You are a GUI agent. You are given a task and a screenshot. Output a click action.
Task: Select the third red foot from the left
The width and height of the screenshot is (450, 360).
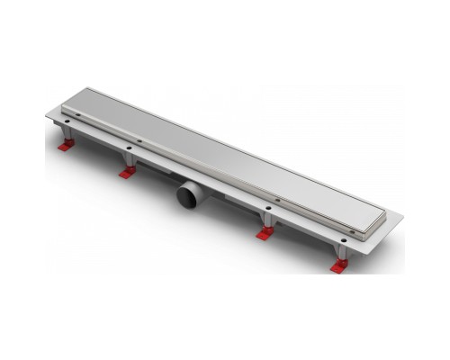tap(264, 234)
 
